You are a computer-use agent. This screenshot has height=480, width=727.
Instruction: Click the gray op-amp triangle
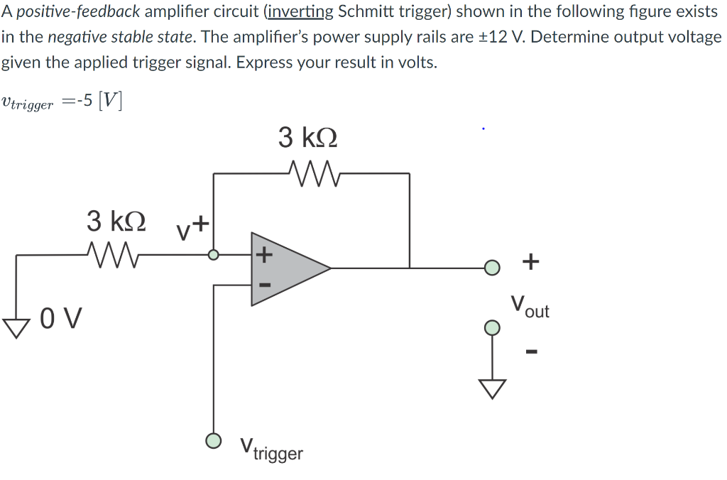pyautogui.click(x=288, y=268)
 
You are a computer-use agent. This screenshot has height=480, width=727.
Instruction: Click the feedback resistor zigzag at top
pyautogui.click(x=312, y=172)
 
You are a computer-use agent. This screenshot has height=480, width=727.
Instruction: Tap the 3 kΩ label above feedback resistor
pyautogui.click(x=307, y=137)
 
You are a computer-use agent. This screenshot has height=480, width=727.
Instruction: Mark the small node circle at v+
pyautogui.click(x=212, y=254)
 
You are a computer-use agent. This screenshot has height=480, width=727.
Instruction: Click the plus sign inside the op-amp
pyautogui.click(x=263, y=253)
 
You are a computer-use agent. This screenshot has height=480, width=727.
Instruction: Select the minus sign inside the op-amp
pyautogui.click(x=263, y=285)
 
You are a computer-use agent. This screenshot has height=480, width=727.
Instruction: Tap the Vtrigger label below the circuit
pyautogui.click(x=271, y=449)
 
